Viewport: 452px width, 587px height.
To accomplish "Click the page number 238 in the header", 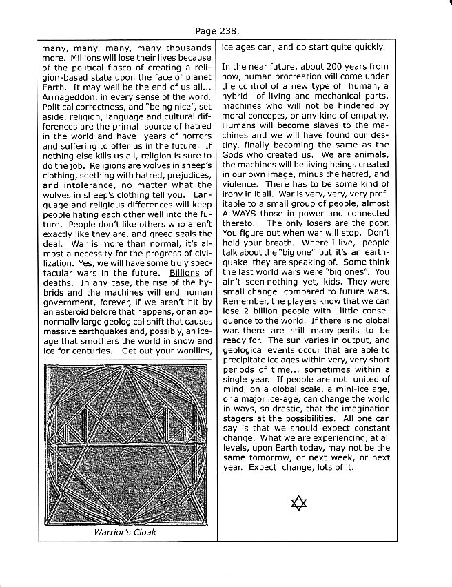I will [x=238, y=32].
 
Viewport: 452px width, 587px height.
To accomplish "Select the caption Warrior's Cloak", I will [x=126, y=533].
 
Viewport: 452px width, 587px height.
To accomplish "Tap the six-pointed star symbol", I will [x=298, y=503].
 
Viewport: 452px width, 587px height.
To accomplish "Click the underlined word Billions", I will [x=189, y=272].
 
